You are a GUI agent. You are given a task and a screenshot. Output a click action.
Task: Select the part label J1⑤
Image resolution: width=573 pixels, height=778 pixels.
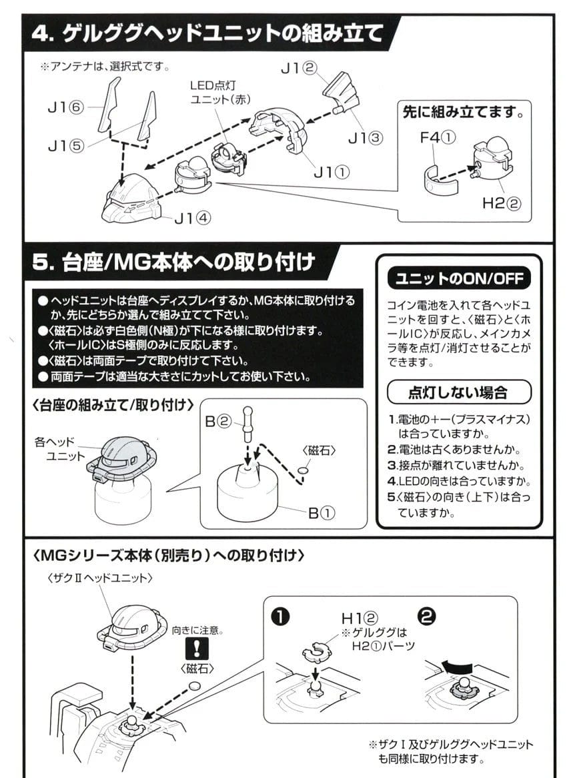65,147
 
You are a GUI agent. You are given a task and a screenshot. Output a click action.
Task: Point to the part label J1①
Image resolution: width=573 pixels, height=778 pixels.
332,173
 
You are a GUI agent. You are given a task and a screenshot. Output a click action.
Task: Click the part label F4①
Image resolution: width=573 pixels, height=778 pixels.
437,139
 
